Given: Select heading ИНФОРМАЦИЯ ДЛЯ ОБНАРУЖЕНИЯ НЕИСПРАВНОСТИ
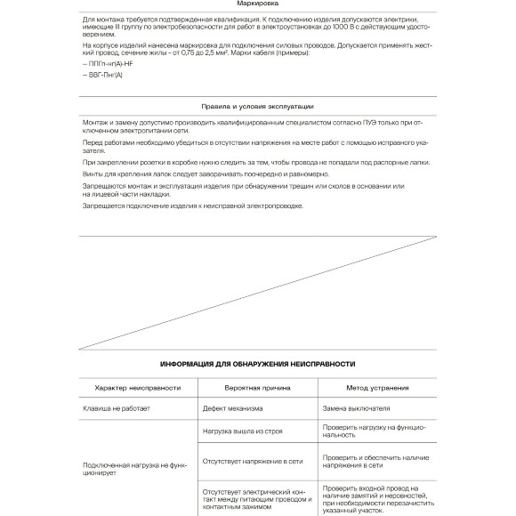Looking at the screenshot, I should [x=257, y=364].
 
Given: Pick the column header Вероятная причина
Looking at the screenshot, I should [x=257, y=388].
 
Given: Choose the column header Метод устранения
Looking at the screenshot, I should [x=377, y=388].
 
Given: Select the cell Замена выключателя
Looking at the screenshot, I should [x=356, y=409].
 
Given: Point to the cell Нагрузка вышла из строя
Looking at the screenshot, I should [x=242, y=431].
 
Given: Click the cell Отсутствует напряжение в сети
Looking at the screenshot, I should [x=253, y=462].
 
